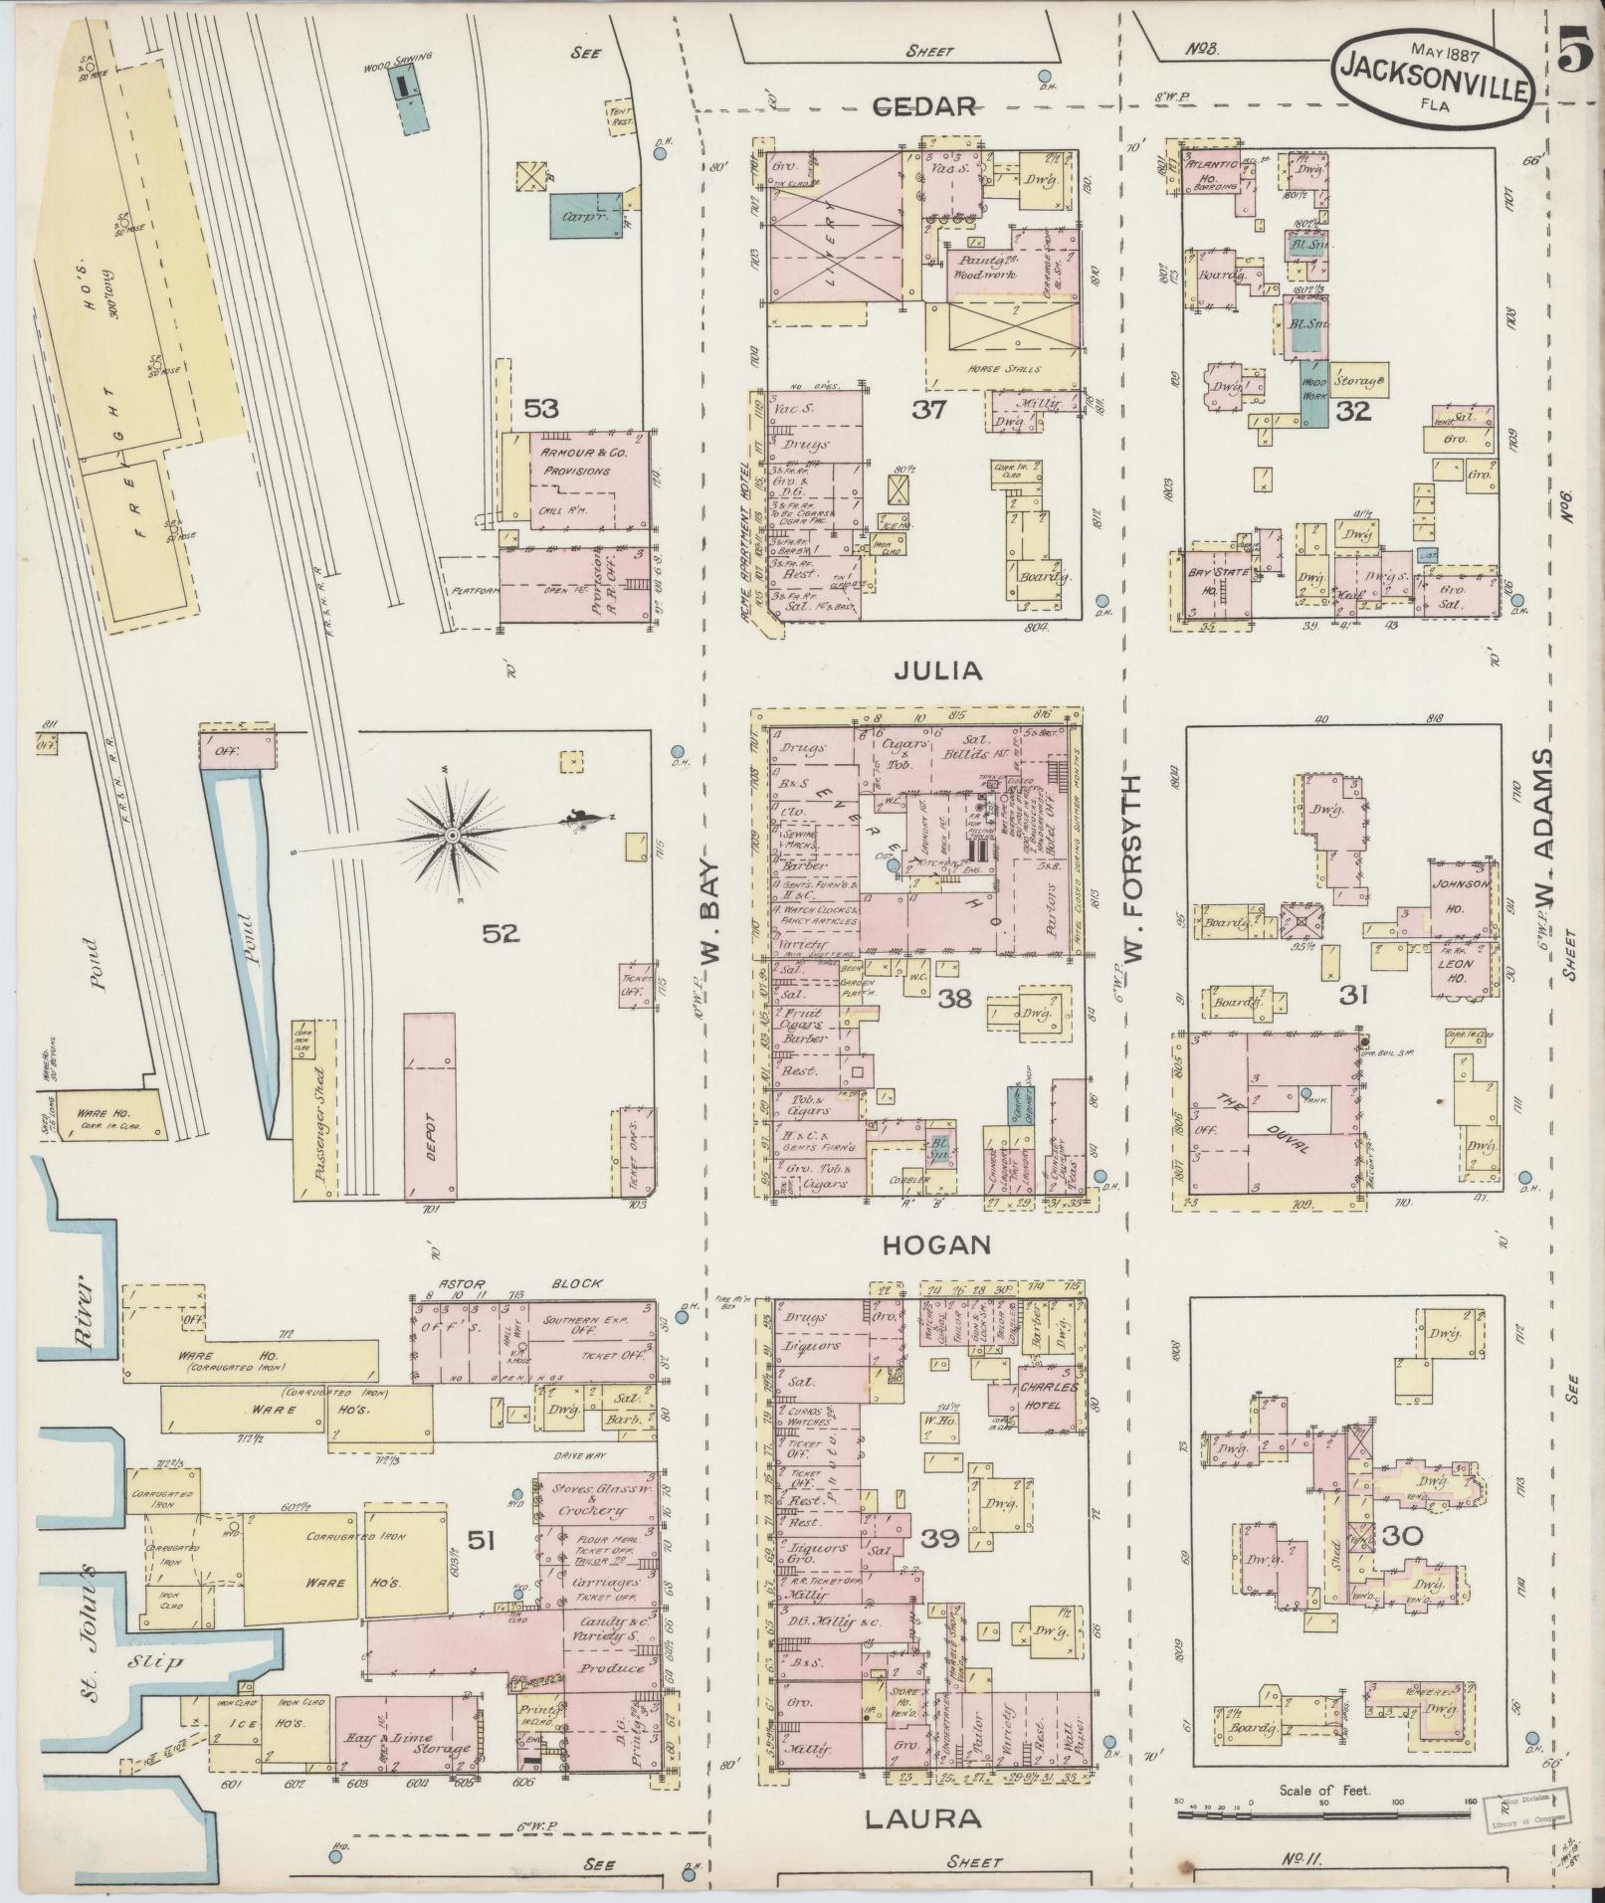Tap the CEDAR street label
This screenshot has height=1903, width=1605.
pyautogui.click(x=924, y=107)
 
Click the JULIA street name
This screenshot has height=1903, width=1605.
pyautogui.click(x=938, y=671)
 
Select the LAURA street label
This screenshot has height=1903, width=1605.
pyautogui.click(x=923, y=1819)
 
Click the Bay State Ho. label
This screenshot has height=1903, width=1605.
pyautogui.click(x=1211, y=579)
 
